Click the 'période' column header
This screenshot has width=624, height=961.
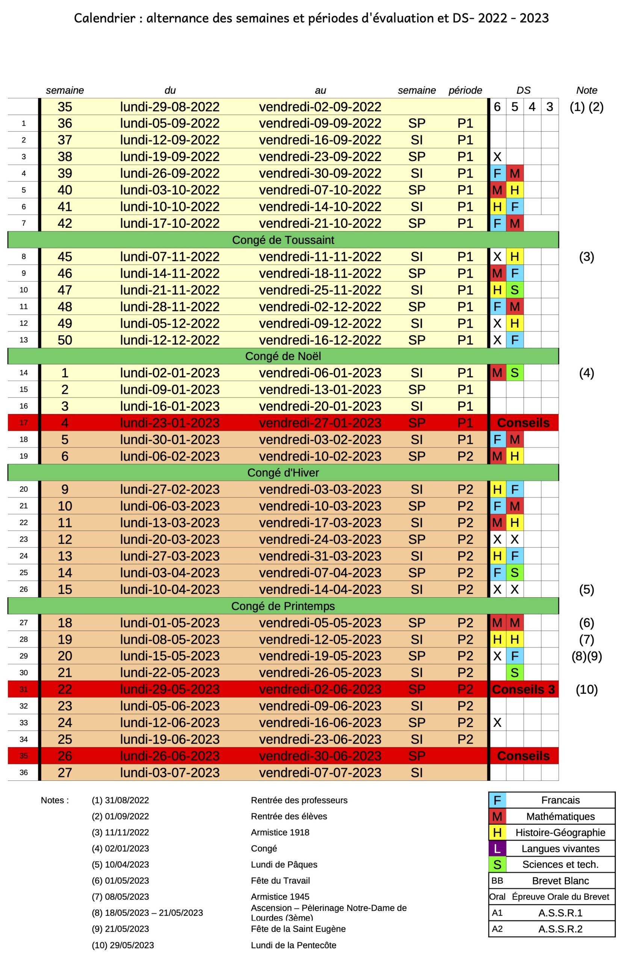(465, 90)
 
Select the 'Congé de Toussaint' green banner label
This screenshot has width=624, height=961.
(283, 240)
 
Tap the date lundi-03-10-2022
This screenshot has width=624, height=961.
(170, 190)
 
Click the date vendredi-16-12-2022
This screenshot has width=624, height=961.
(320, 340)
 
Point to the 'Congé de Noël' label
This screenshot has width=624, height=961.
(283, 356)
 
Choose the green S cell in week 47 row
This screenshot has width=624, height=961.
(514, 290)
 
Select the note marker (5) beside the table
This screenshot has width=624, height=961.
(586, 589)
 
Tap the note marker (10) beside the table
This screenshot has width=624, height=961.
(586, 689)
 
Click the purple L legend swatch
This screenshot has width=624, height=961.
(497, 848)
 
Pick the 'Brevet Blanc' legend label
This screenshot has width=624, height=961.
(560, 881)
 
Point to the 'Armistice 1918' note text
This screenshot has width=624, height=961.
(280, 832)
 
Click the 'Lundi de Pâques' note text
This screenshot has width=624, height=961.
(284, 865)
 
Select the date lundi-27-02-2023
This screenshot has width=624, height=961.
(170, 490)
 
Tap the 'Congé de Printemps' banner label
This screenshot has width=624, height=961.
(283, 606)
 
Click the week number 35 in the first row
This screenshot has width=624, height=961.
(65, 107)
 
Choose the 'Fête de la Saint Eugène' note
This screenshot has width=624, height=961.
(298, 929)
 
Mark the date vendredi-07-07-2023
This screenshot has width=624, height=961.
(320, 773)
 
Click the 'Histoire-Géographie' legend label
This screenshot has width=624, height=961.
(560, 832)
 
